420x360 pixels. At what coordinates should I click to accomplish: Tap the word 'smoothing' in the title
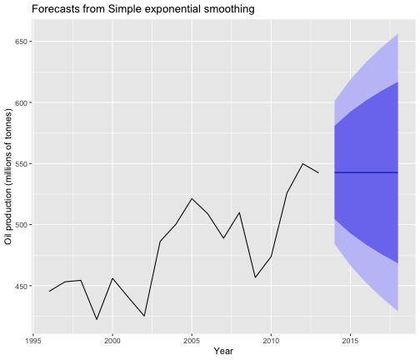(x=229, y=9)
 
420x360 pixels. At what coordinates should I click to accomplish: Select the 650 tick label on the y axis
(x=21, y=42)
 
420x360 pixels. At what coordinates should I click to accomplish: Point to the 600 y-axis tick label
(x=21, y=102)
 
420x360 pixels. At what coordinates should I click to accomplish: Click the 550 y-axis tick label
(x=21, y=163)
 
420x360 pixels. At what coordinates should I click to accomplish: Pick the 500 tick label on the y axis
(x=21, y=225)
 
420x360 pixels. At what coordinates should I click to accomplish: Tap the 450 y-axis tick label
(x=21, y=286)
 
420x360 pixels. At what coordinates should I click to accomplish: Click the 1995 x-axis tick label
(x=33, y=341)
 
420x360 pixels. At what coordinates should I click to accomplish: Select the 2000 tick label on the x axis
(x=112, y=341)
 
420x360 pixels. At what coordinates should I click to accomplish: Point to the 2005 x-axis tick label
(x=192, y=341)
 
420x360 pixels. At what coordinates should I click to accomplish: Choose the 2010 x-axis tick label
(x=271, y=341)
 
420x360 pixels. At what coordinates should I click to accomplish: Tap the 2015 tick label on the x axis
(x=351, y=341)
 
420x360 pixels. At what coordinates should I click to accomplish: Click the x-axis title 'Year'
(x=223, y=351)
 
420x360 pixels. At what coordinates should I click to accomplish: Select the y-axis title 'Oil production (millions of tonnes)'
(x=8, y=177)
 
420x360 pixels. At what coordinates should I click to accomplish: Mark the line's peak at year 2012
(x=302, y=163)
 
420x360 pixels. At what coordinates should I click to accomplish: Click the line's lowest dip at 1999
(x=97, y=319)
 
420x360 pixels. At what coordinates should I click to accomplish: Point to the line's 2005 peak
(x=192, y=198)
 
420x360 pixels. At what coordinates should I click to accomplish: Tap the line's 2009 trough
(x=255, y=277)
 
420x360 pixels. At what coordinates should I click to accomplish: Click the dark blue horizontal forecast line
(x=367, y=172)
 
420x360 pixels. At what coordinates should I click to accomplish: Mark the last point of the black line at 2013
(x=318, y=172)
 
